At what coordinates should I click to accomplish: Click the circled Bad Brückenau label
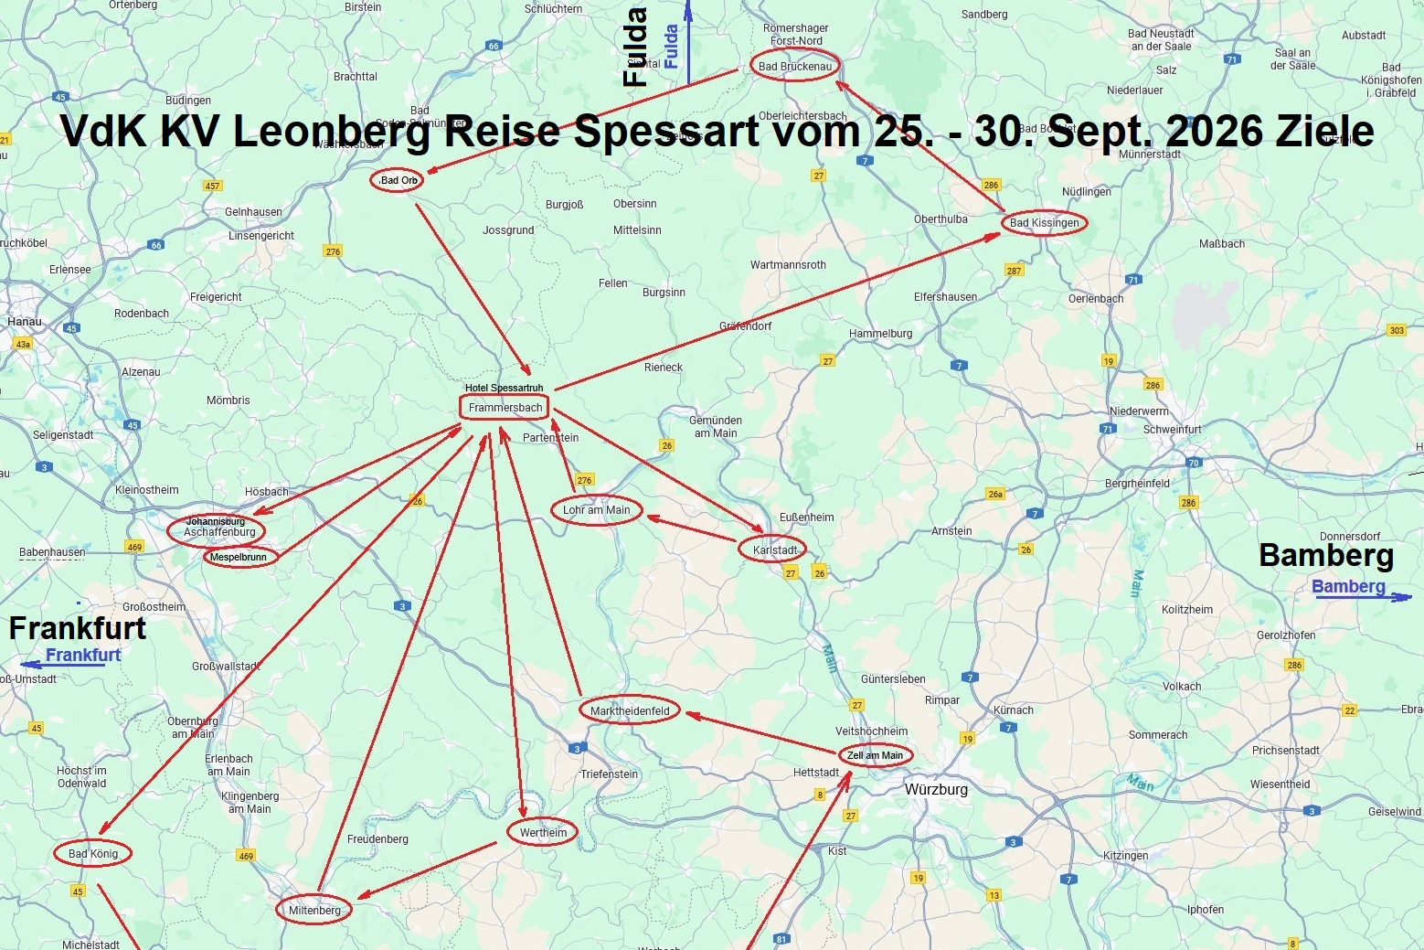click(x=794, y=66)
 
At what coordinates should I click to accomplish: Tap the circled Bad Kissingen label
click(x=1044, y=223)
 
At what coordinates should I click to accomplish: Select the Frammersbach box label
click(x=505, y=408)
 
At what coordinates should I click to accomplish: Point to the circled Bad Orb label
click(x=399, y=180)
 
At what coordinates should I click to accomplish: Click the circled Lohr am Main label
click(x=596, y=510)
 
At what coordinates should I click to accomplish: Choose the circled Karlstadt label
click(x=774, y=550)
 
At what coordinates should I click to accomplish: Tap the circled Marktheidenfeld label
click(x=630, y=710)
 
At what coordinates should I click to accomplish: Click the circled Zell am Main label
click(x=875, y=755)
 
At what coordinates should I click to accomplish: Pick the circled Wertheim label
click(x=543, y=832)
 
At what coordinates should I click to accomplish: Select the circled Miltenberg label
click(x=314, y=910)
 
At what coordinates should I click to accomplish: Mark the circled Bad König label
click(x=93, y=854)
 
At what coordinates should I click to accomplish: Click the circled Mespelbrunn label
click(x=239, y=557)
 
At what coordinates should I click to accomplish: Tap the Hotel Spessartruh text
click(x=504, y=388)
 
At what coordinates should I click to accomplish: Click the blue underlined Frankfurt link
click(x=83, y=655)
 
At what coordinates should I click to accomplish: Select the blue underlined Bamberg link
click(x=1348, y=586)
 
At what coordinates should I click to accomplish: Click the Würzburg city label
click(x=936, y=789)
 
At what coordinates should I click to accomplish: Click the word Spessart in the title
click(x=666, y=131)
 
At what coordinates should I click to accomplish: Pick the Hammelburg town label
click(x=880, y=334)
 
